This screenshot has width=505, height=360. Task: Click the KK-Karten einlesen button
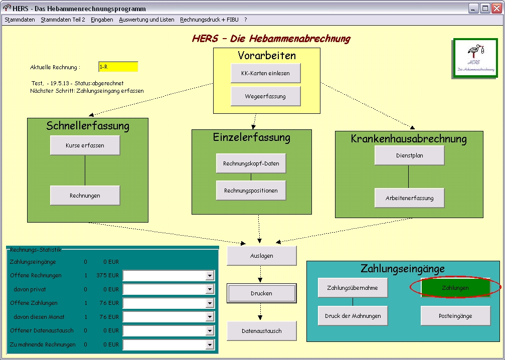[x=265, y=73]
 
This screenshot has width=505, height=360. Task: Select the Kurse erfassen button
[x=85, y=145]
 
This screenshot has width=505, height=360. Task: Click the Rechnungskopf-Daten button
[x=251, y=163]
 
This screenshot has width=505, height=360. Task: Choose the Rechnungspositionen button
[x=251, y=191]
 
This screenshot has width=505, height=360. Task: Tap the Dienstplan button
[x=409, y=155]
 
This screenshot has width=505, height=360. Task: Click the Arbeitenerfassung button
[x=409, y=198]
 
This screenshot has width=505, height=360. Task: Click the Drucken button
[x=261, y=293]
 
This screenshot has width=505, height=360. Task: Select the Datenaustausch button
[x=261, y=331]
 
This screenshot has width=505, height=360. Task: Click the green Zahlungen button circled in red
[x=455, y=288]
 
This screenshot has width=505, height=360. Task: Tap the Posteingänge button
[x=455, y=316]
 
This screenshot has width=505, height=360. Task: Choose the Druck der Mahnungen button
[x=353, y=316]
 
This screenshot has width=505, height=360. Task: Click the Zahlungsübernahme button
[x=353, y=288]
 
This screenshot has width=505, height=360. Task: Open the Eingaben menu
[x=102, y=20]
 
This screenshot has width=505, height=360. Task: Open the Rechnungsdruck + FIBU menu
[x=209, y=20]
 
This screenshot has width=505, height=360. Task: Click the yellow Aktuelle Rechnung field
[x=118, y=67]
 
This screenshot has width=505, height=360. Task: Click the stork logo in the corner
[x=475, y=58]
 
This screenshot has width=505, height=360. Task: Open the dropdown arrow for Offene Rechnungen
[x=210, y=276]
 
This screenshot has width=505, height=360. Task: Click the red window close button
[x=496, y=9]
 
